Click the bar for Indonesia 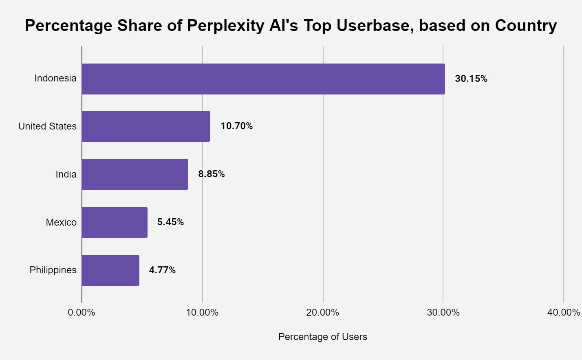263,79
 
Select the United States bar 146,126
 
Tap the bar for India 135,174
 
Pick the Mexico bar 115,222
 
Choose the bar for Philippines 110,270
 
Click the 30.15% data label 471,79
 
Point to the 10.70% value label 236,126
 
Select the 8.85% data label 211,174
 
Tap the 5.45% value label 170,222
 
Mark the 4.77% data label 162,270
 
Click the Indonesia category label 55,79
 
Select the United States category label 47,126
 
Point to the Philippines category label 53,270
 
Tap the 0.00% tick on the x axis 82,312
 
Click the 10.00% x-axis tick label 202,312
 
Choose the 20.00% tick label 323,312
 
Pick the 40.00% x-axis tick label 563,312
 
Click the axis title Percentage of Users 322,337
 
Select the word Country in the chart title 526,26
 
